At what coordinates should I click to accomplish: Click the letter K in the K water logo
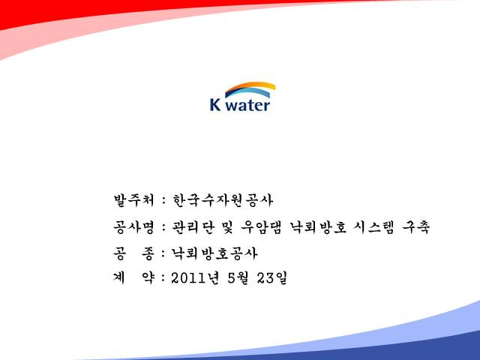pyautogui.click(x=215, y=104)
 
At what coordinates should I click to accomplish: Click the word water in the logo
pyautogui.click(x=249, y=105)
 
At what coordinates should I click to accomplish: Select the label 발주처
pyautogui.click(x=133, y=200)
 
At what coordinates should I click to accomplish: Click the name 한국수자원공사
pyautogui.click(x=223, y=200)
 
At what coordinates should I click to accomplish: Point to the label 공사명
pyautogui.click(x=133, y=227)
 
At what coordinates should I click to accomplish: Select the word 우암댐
pyautogui.click(x=261, y=227)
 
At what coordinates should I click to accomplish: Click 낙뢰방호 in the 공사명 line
pyautogui.click(x=318, y=227)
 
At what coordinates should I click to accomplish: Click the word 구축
pyautogui.click(x=416, y=227)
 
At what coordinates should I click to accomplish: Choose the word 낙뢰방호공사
pyautogui.click(x=214, y=253)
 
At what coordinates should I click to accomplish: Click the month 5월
pyautogui.click(x=238, y=278)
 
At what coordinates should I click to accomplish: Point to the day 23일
pyautogui.click(x=271, y=278)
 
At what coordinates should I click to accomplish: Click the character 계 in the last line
pyautogui.click(x=119, y=278)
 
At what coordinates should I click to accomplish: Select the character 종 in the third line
pyautogui.click(x=148, y=253)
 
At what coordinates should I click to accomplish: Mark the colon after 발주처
pyautogui.click(x=164, y=201)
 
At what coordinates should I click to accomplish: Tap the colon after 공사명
pyautogui.click(x=164, y=228)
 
